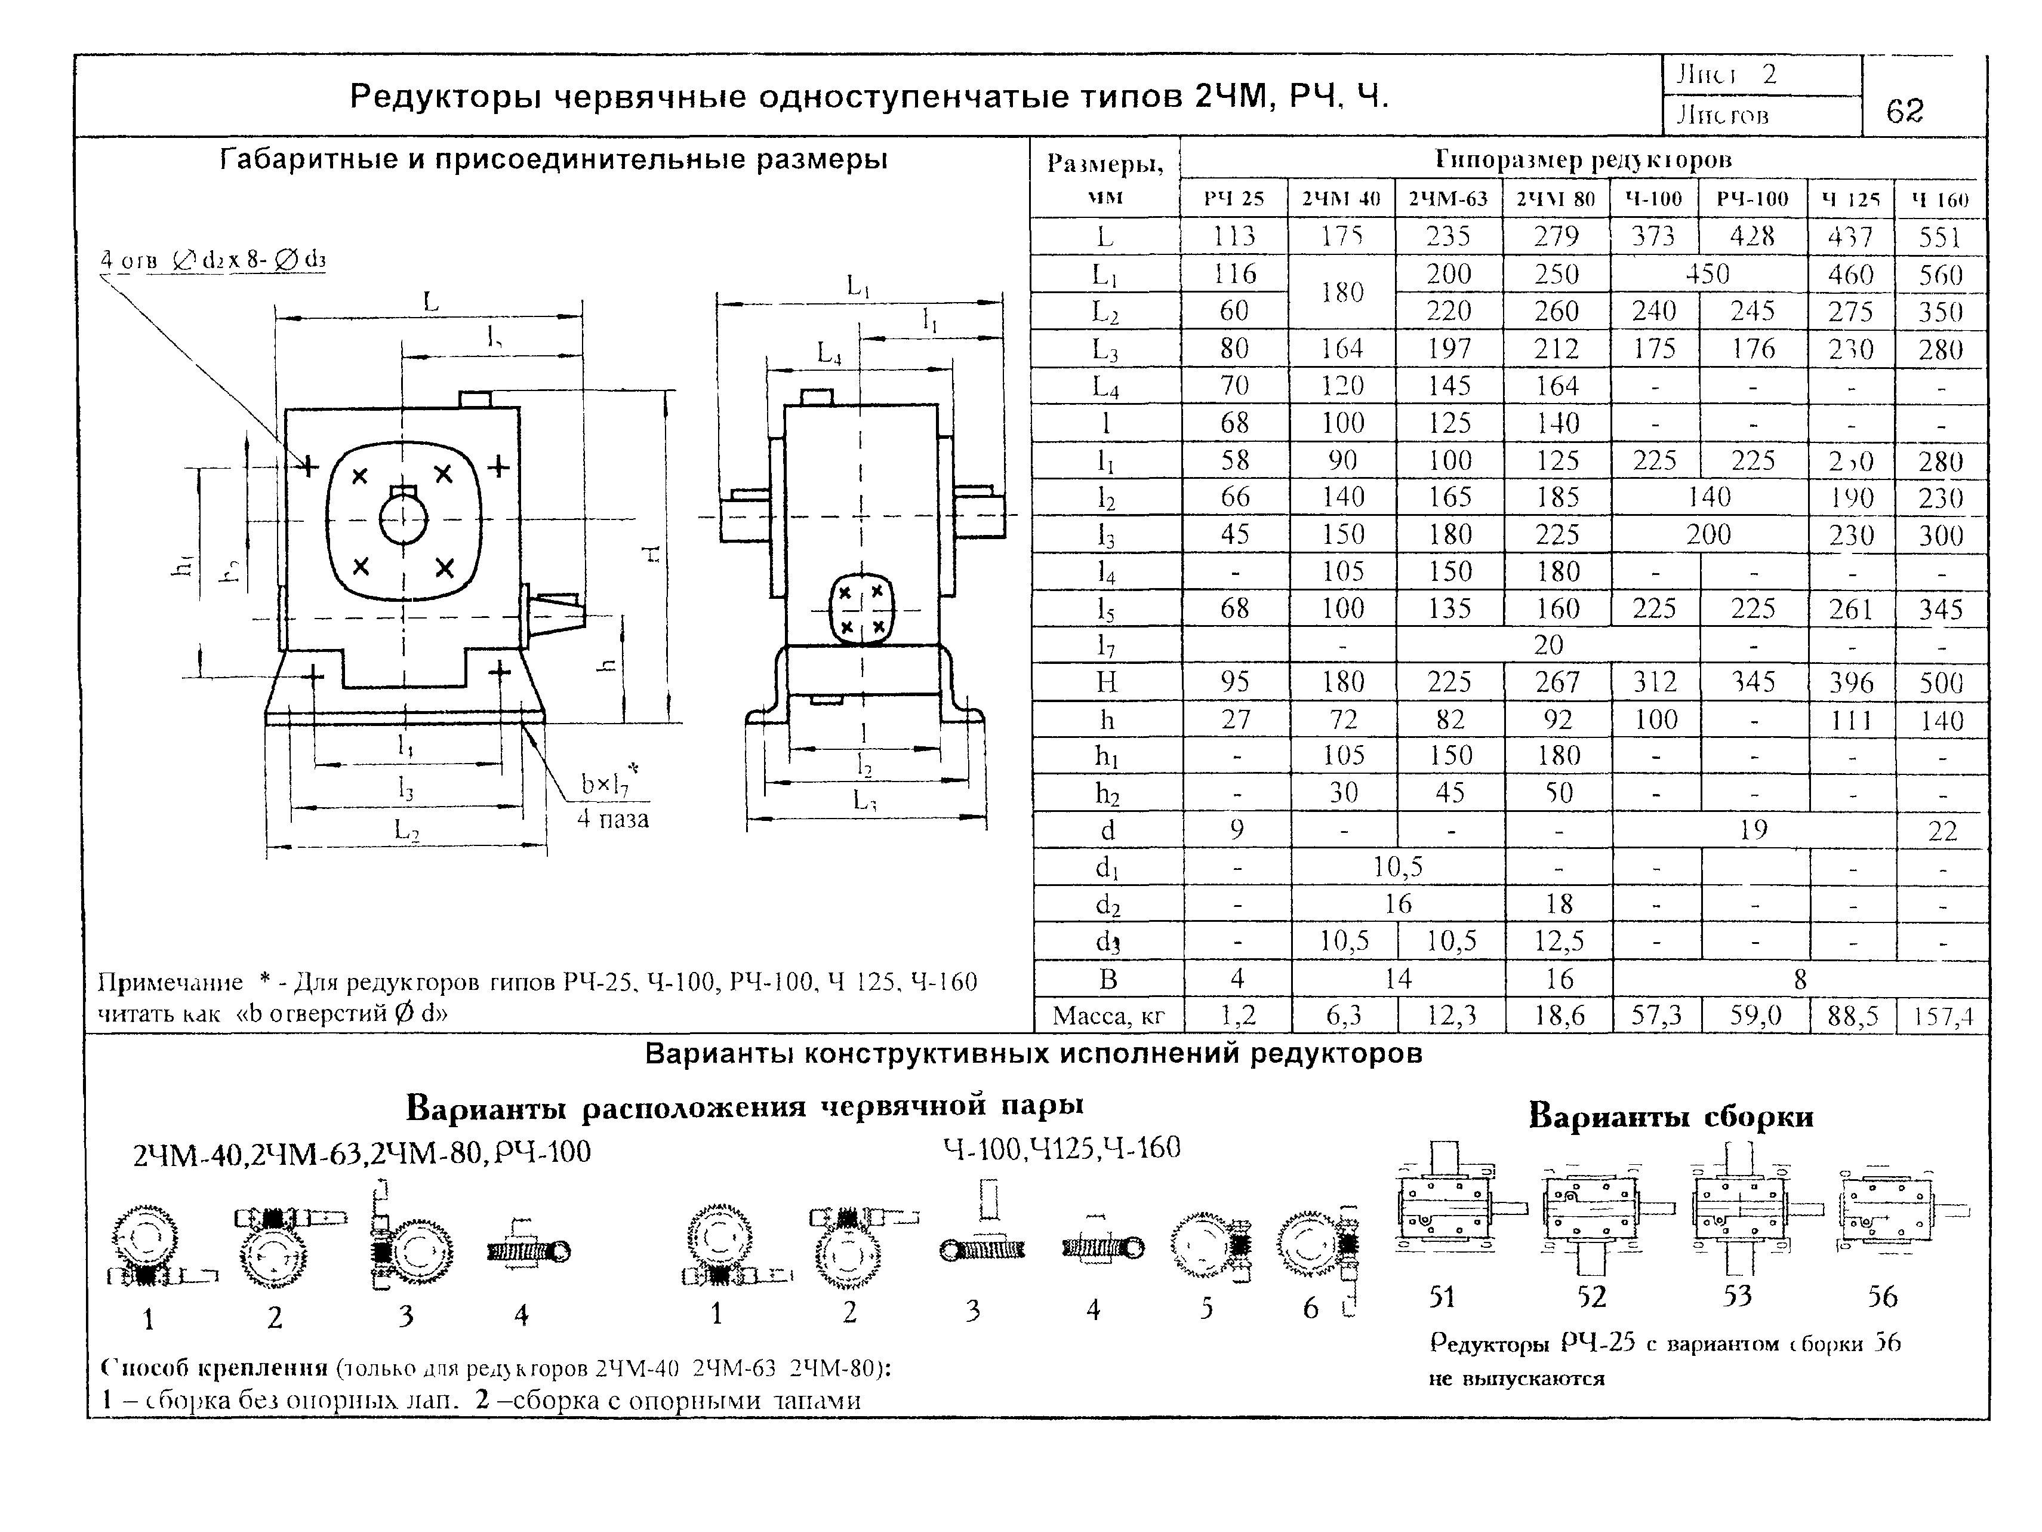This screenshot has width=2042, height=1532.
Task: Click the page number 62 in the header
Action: (1905, 112)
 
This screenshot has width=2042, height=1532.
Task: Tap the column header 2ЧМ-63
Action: (1449, 199)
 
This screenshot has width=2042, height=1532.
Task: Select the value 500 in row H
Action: (1941, 682)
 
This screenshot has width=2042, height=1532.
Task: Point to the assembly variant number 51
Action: (1442, 1297)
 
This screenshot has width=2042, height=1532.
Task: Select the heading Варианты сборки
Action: (1671, 1116)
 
